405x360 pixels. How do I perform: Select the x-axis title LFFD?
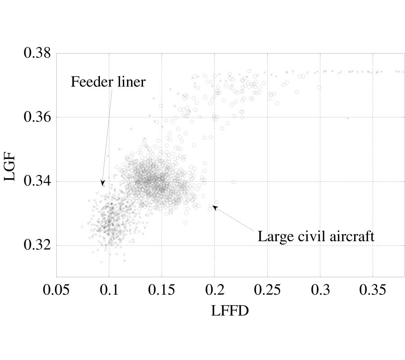pos(229,311)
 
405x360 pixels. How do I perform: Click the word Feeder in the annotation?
pos(89,82)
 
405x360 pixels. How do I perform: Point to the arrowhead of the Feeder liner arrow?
pos(103,184)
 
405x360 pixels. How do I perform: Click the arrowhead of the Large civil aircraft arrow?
pos(214,207)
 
